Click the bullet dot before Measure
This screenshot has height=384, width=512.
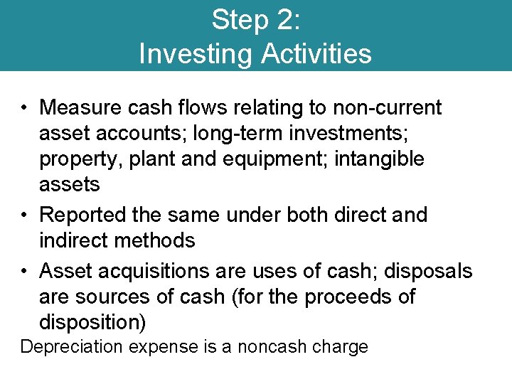24,109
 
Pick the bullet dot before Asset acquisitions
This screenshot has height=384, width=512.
24,272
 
